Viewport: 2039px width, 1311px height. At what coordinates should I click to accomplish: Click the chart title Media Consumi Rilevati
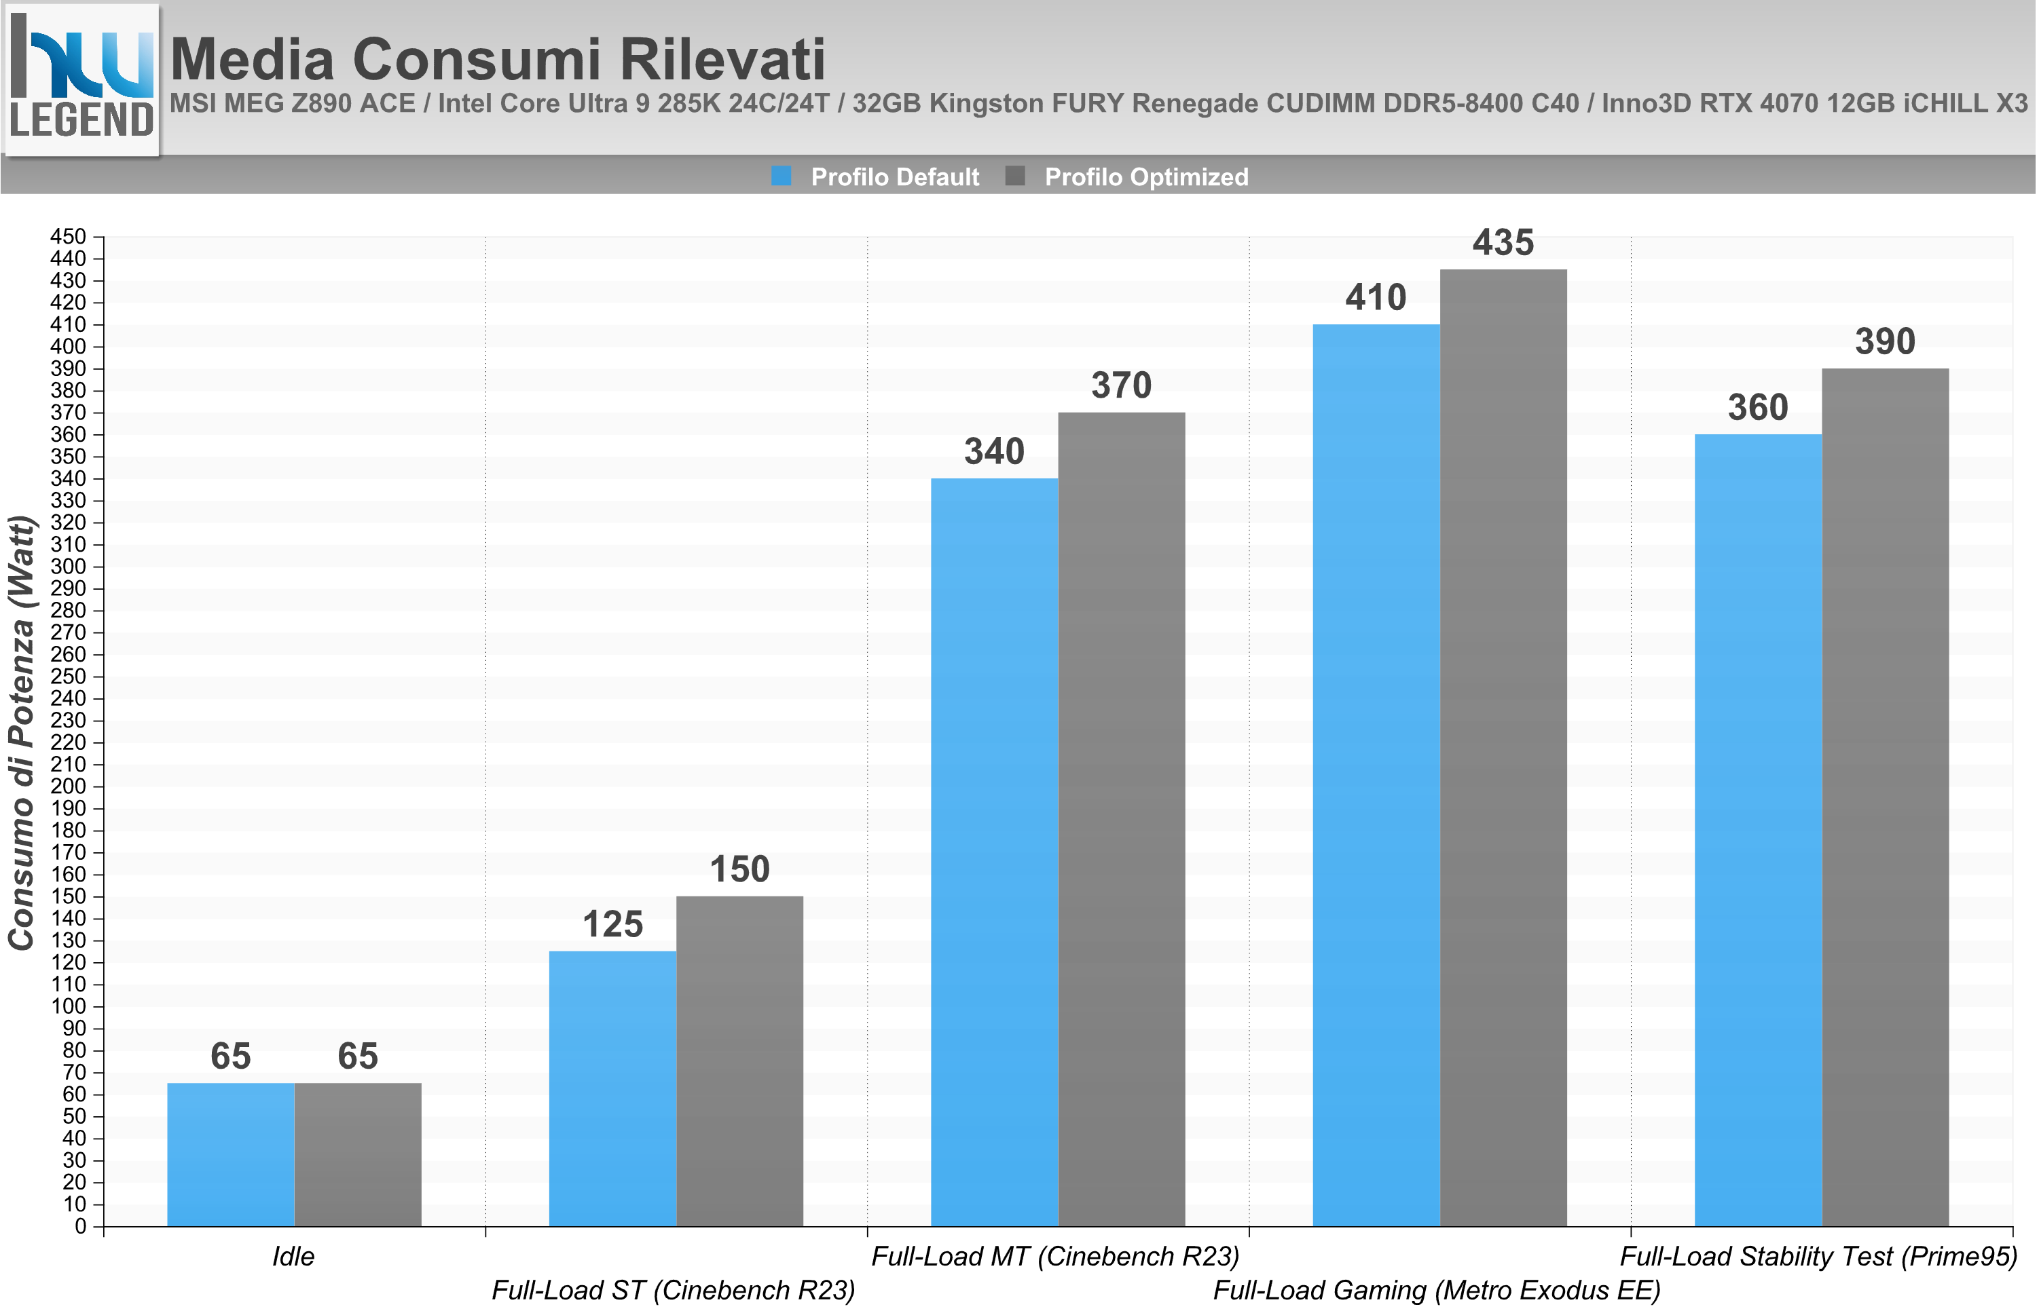498,59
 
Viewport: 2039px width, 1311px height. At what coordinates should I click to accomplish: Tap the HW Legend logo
81,80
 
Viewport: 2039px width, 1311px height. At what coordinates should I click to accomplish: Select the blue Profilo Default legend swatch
781,176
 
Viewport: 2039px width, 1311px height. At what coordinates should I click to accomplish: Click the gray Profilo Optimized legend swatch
1014,176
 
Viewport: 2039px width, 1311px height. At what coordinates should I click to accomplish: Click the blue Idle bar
231,1154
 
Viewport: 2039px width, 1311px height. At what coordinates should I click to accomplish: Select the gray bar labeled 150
739,1061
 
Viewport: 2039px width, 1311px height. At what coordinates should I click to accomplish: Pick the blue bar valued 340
995,852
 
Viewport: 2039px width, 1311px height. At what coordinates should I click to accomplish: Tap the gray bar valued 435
1503,748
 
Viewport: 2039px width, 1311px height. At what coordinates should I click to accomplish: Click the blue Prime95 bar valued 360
1758,830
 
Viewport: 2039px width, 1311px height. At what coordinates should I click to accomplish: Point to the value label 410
1376,298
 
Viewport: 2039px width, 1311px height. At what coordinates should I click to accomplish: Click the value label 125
612,924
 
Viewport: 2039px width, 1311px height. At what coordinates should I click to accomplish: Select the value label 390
1885,342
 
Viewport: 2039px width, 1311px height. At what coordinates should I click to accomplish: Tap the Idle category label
293,1257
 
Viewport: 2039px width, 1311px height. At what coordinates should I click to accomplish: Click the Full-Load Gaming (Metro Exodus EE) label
1437,1291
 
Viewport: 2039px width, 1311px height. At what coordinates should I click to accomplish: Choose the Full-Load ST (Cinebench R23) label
674,1291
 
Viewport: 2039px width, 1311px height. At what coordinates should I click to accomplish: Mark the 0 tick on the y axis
81,1227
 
